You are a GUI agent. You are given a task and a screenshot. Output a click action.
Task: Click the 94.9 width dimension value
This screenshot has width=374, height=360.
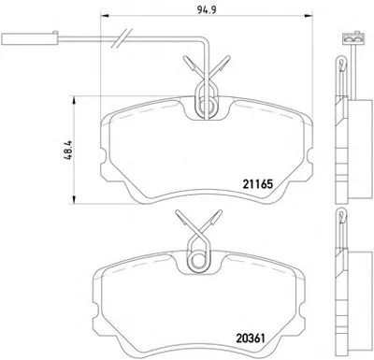(207, 9)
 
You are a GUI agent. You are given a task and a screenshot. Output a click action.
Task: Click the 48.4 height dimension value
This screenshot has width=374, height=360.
(68, 151)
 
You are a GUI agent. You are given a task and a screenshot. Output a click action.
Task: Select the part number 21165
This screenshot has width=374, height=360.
(257, 184)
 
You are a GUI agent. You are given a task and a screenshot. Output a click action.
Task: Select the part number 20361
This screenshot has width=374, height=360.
(250, 338)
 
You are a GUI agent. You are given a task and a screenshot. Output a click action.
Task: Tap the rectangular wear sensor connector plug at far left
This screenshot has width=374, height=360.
(30, 38)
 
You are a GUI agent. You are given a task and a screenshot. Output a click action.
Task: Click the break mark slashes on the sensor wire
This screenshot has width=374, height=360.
(122, 38)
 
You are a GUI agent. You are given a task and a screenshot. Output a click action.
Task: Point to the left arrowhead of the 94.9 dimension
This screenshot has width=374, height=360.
(105, 15)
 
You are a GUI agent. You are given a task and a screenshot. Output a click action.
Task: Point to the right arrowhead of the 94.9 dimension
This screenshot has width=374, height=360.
(308, 15)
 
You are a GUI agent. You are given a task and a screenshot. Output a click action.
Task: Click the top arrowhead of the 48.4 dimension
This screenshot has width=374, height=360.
(74, 100)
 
